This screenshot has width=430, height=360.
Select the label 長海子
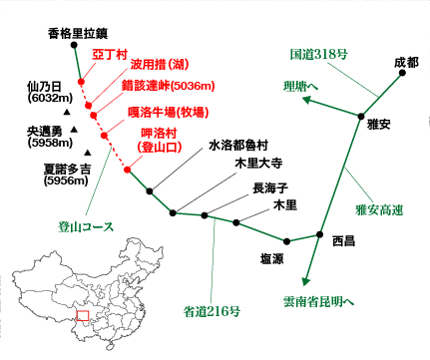coord(270,187)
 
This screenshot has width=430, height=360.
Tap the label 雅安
coord(378,123)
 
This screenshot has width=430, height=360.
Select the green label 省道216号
coord(213,310)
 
